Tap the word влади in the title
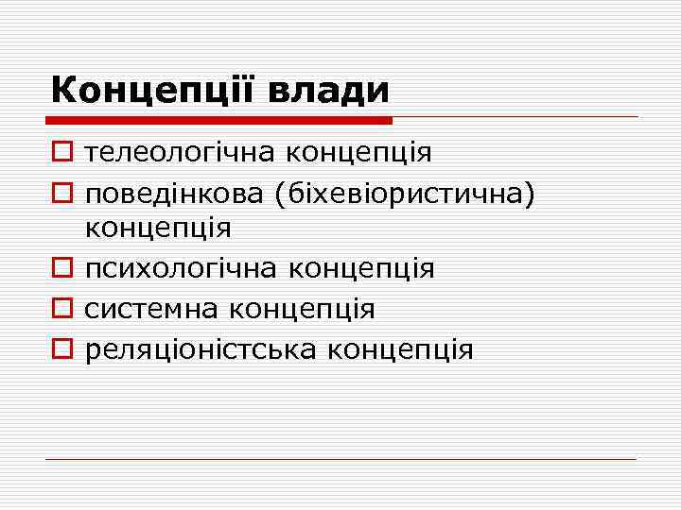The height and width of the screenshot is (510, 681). click(x=330, y=91)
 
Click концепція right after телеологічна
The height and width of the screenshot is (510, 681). click(x=358, y=151)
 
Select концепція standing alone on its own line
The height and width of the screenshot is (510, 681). click(x=158, y=228)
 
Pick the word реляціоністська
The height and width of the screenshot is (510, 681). click(x=201, y=349)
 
